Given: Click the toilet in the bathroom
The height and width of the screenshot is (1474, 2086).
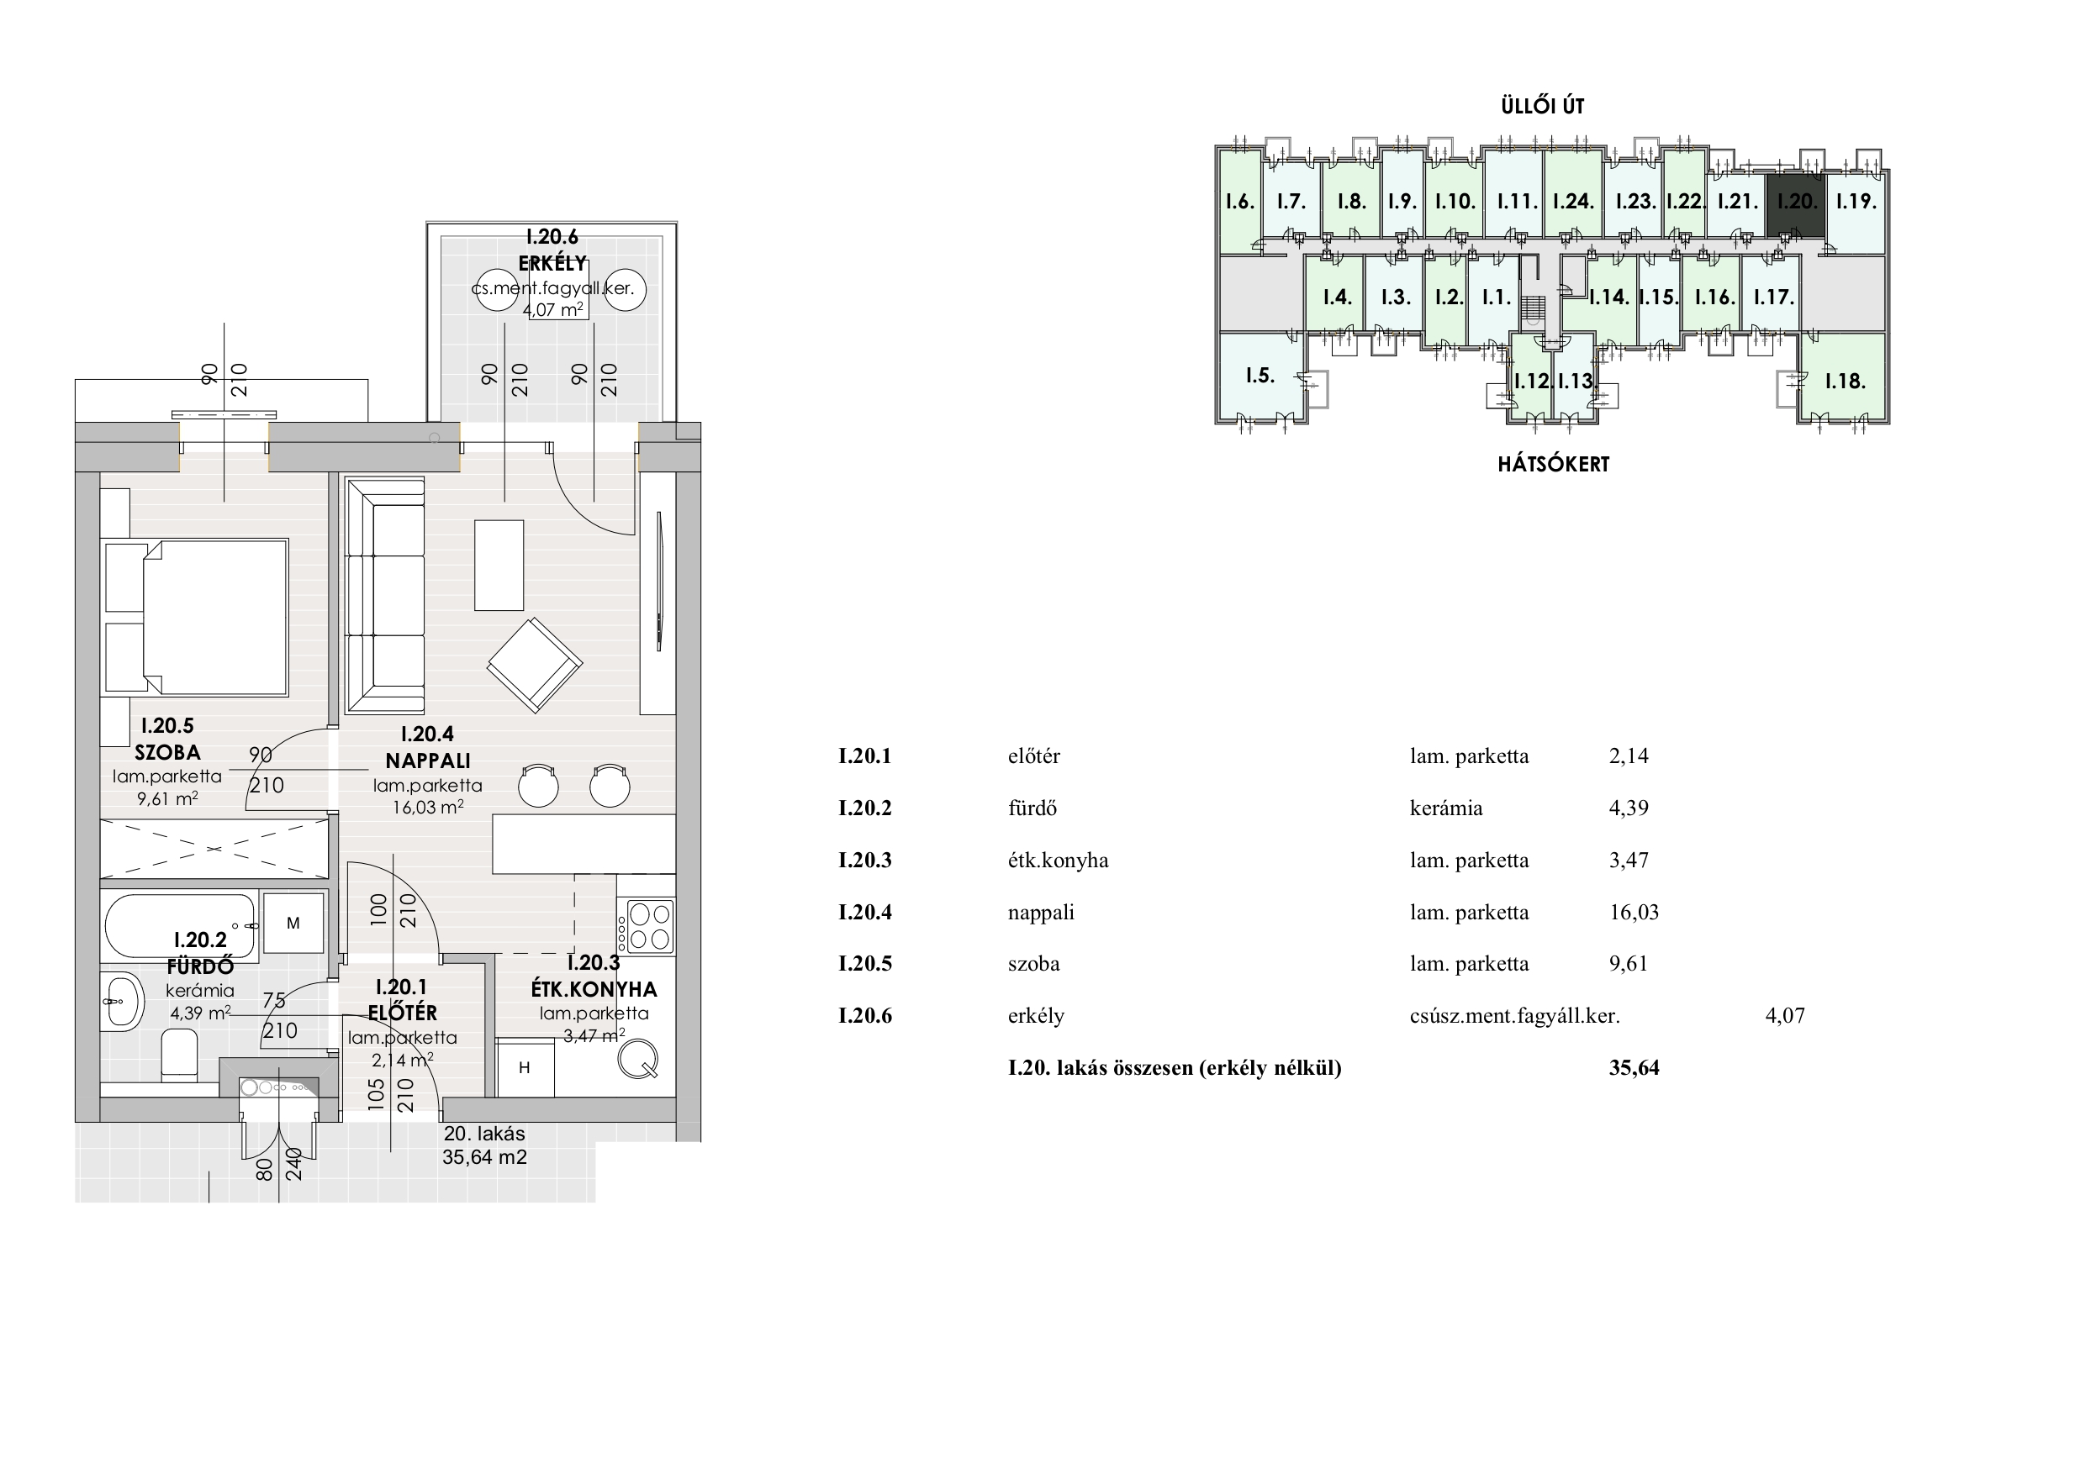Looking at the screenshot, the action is point(179,1055).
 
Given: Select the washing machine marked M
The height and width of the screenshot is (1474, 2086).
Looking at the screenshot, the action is point(293,923).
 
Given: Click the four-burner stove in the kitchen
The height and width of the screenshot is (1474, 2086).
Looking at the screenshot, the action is point(646,926).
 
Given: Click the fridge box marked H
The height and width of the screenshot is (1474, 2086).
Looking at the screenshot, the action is point(525,1068).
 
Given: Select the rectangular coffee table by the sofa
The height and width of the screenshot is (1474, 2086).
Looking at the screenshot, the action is point(499,565).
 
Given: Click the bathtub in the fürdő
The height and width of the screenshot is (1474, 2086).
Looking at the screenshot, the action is point(181,926).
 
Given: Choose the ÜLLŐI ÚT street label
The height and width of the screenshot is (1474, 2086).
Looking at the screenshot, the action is point(1542,105).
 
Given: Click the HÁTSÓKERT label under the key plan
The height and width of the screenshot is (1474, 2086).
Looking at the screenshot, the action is point(1553,464).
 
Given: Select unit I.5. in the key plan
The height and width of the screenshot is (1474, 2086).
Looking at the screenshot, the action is point(1260,376).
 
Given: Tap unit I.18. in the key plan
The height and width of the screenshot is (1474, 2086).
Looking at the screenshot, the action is point(1845,381).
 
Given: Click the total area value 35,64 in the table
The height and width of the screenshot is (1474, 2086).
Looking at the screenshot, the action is point(1634,1068).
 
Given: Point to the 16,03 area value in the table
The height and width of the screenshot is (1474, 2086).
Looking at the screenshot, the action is point(1634,912).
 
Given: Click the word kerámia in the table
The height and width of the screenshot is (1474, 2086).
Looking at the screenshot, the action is point(1445,808).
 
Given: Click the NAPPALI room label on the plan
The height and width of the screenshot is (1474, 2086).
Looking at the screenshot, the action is point(427,761).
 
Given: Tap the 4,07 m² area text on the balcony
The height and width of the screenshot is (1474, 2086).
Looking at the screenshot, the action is point(552,308).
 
